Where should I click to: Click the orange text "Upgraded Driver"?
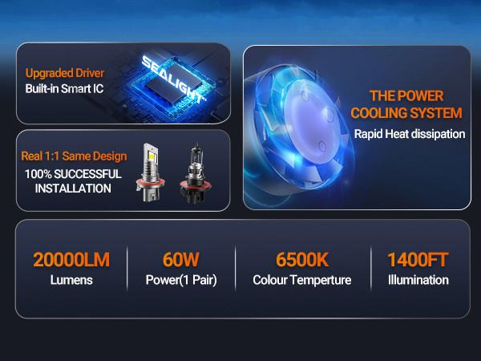(x=64, y=72)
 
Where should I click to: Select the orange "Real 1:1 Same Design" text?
(x=73, y=156)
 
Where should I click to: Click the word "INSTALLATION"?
(x=67, y=189)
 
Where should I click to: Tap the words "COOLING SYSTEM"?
(x=406, y=112)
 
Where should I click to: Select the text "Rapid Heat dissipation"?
(x=409, y=134)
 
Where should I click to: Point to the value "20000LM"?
(x=71, y=259)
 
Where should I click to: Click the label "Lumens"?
(x=71, y=281)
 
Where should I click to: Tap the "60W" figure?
(x=180, y=259)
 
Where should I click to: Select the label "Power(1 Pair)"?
(x=180, y=281)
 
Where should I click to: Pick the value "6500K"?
(x=301, y=259)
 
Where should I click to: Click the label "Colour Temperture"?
(x=301, y=281)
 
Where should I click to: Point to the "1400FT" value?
(x=417, y=259)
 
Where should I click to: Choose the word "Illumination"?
(x=417, y=281)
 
